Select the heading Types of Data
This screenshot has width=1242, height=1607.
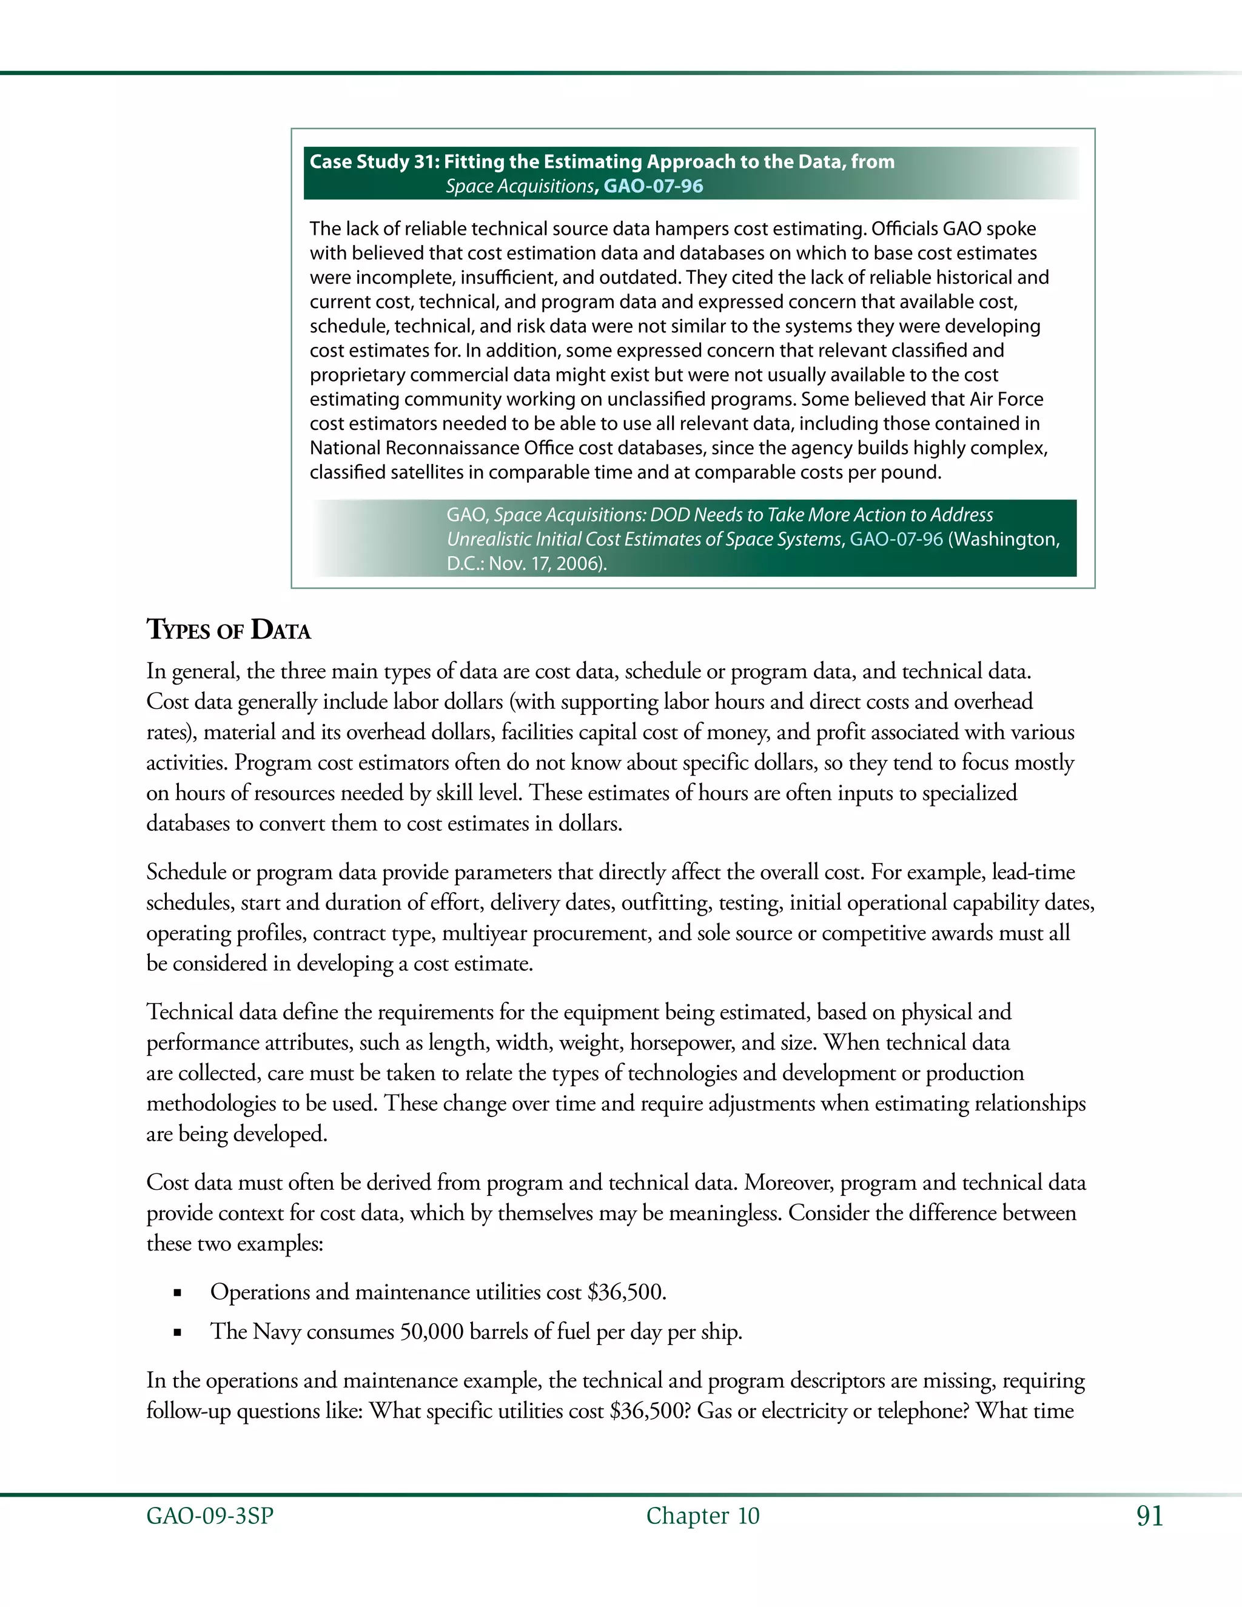point(228,630)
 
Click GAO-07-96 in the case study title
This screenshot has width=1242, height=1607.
point(653,186)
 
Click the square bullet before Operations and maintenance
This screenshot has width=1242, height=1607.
point(176,1293)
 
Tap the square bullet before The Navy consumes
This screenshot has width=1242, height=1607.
point(176,1332)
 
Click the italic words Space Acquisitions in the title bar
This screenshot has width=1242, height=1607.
point(519,186)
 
